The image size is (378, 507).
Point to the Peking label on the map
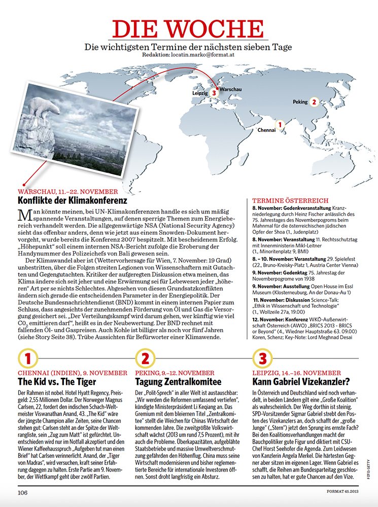pyautogui.click(x=300, y=102)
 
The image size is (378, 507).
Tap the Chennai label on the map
pyautogui.click(x=267, y=130)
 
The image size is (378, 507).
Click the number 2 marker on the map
pyautogui.click(x=314, y=101)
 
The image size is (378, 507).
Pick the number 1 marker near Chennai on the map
pyautogui.click(x=280, y=123)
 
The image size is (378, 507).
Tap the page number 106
pyautogui.click(x=23, y=492)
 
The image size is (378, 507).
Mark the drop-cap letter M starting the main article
pyautogui.click(x=23, y=214)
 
